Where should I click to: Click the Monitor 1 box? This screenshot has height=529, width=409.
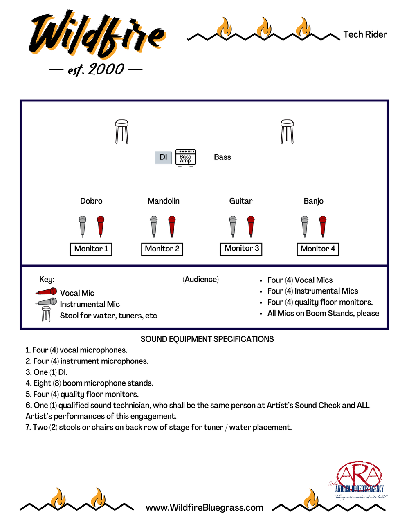[91, 249]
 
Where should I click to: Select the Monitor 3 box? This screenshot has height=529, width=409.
[241, 249]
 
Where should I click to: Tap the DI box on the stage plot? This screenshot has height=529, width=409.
[163, 157]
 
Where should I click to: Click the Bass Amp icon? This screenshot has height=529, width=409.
[185, 157]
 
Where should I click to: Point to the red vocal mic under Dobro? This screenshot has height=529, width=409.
[101, 226]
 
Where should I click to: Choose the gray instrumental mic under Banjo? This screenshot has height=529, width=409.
[305, 226]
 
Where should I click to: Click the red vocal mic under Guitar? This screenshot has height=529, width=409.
[251, 226]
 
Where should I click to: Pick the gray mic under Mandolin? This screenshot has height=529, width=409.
[154, 226]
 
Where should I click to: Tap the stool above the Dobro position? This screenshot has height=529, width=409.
[122, 131]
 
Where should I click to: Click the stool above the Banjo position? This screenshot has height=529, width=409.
[287, 131]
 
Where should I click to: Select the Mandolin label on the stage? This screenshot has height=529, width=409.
[164, 201]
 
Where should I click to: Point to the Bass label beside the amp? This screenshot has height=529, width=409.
[222, 157]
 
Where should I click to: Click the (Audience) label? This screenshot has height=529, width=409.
[201, 280]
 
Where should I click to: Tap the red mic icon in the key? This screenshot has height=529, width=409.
[46, 292]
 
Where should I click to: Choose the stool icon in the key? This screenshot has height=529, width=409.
[46, 314]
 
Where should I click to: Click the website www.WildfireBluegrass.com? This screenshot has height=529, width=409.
[204, 508]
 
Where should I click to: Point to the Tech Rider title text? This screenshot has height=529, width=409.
[365, 35]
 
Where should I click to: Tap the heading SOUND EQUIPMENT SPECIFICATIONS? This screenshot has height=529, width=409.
[207, 339]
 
